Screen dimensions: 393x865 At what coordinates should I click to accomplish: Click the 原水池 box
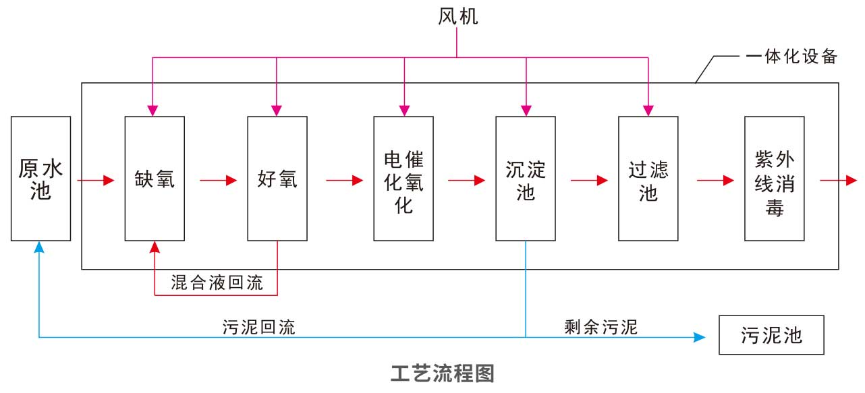[x=40, y=179]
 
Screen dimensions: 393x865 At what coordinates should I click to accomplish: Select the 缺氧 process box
[x=155, y=179]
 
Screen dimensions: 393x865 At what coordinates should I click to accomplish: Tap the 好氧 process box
[x=277, y=179]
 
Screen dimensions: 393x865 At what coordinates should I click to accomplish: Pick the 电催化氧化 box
[x=403, y=179]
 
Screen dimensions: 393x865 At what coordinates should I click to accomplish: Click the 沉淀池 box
[x=525, y=179]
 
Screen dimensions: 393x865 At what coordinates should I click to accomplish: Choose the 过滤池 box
[x=648, y=179]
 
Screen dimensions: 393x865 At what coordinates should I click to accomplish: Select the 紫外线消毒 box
[x=775, y=179]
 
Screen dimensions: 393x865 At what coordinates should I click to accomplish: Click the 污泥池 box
[x=771, y=335]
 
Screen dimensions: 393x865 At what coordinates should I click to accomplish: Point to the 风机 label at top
[x=457, y=17]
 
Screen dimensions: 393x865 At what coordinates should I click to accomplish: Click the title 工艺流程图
[x=443, y=372]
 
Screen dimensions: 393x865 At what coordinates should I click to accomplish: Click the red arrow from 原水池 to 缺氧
[x=96, y=181]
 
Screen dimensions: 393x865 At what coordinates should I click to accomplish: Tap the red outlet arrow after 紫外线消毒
[x=839, y=181]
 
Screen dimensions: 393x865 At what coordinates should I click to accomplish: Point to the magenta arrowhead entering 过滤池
[x=648, y=109]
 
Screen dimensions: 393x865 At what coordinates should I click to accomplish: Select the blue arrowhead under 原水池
[x=40, y=247]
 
